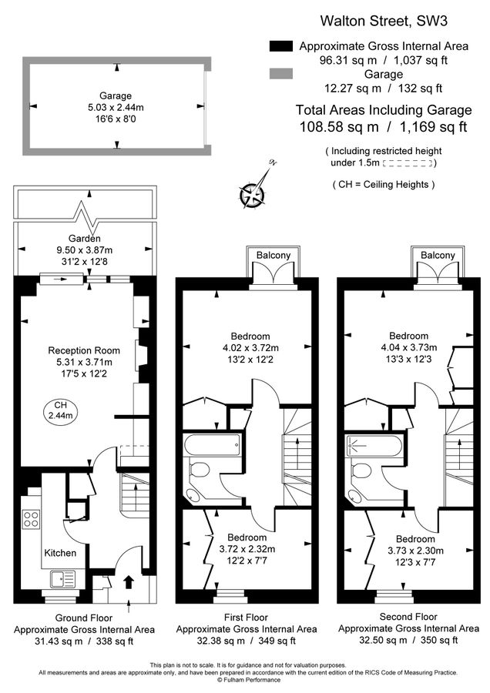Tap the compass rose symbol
[253, 193]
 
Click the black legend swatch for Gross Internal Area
[281, 46]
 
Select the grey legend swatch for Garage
[281, 74]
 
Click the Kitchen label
[59, 553]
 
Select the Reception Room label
[84, 350]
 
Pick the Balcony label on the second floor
[438, 256]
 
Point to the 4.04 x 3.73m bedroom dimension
[408, 347]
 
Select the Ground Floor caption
[84, 618]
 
